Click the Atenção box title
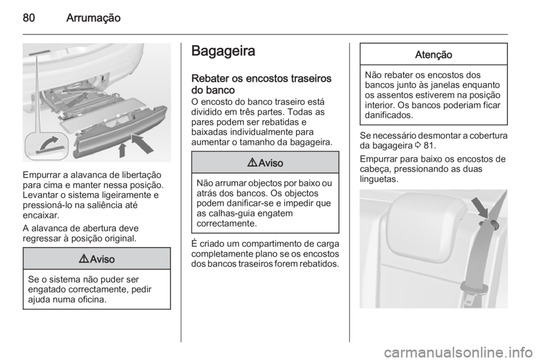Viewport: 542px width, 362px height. click(x=434, y=54)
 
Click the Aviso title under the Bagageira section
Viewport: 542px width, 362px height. click(x=270, y=162)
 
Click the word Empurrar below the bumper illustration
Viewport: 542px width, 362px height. click(x=41, y=176)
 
